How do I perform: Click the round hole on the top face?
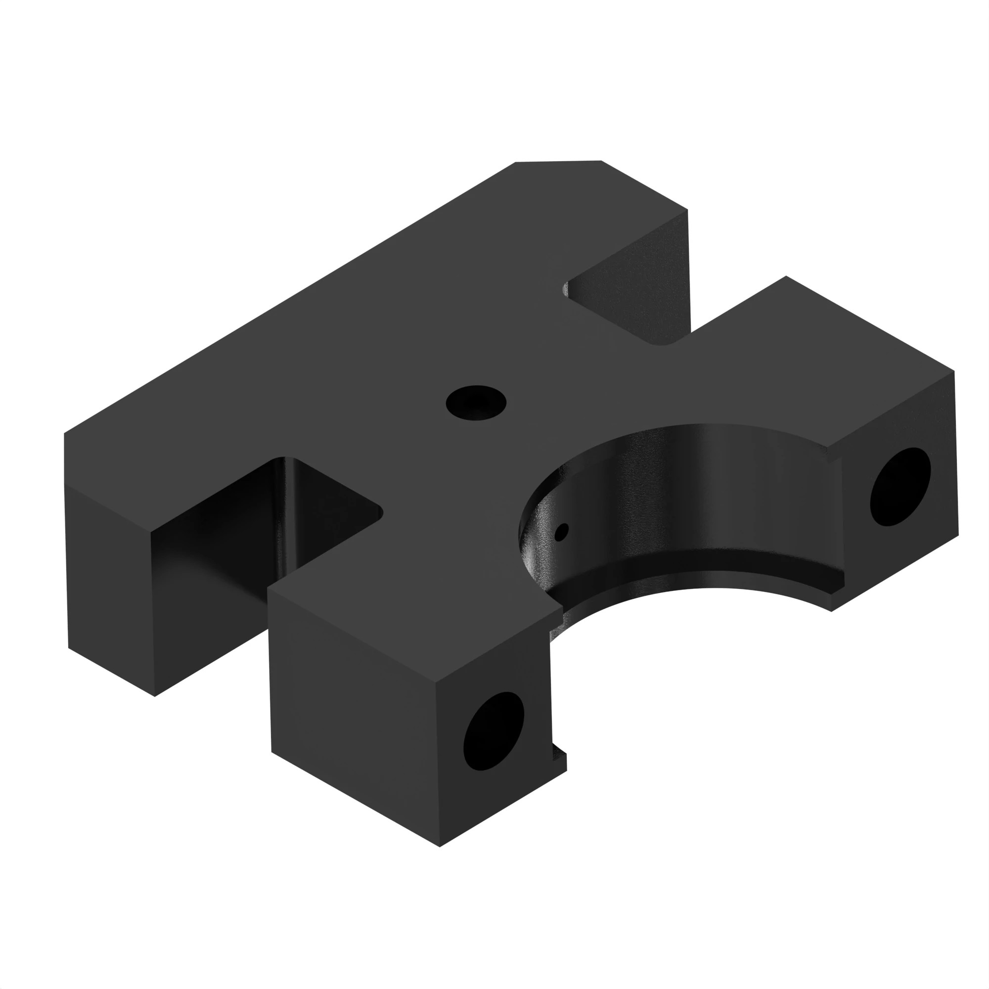pos(476,403)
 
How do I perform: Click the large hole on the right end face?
pos(900,486)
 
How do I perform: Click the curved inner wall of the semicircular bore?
pos(691,492)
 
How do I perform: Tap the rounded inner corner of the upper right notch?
pos(663,343)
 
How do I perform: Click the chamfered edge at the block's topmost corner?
pos(558,162)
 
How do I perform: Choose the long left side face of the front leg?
pos(353,717)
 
